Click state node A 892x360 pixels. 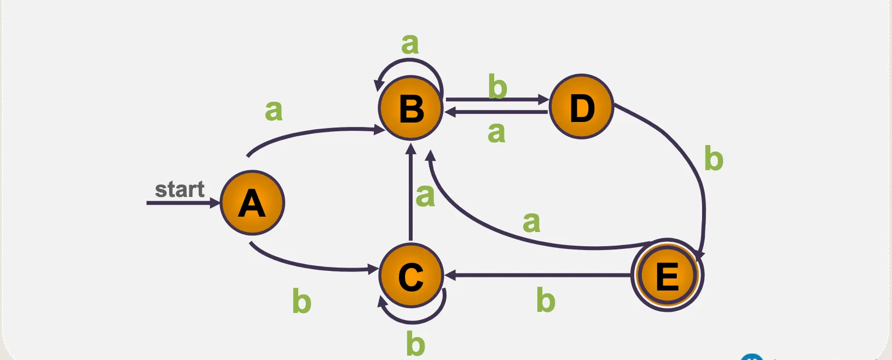point(252,203)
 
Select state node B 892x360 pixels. point(410,108)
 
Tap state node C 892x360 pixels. point(410,275)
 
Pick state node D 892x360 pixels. point(581,107)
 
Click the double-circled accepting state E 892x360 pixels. point(667,275)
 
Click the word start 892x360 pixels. point(179,189)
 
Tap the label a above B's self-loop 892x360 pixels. point(410,43)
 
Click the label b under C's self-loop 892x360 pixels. point(415,344)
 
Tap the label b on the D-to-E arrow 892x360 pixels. point(714,159)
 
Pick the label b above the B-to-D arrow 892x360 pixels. point(497,86)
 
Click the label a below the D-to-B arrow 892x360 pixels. point(496,132)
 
